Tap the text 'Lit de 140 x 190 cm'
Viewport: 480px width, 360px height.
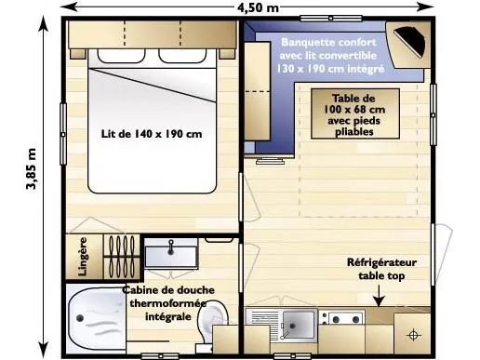click(x=152, y=133)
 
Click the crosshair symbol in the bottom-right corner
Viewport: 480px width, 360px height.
click(x=412, y=332)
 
